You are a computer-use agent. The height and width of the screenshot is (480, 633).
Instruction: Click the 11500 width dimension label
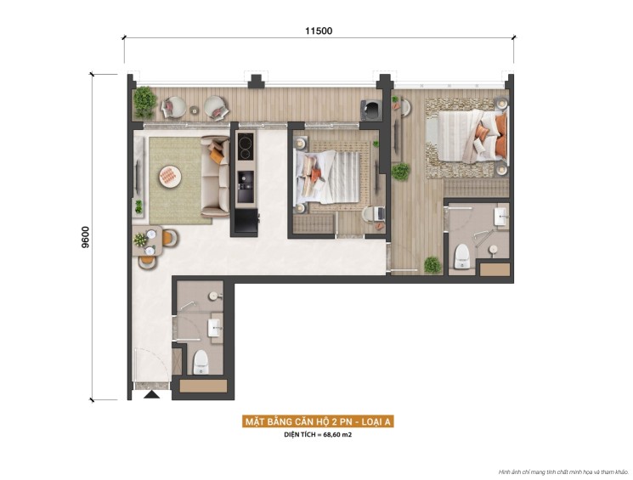click(319, 31)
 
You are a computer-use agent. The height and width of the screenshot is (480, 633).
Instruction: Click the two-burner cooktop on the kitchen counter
click(245, 147)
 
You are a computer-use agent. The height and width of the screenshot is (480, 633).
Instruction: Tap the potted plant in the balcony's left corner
click(144, 102)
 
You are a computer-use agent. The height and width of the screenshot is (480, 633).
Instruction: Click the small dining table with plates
click(150, 240)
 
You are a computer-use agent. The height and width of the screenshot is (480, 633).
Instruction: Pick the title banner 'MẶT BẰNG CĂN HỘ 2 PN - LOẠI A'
click(319, 421)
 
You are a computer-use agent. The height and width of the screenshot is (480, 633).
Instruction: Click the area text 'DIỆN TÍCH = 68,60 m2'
click(319, 435)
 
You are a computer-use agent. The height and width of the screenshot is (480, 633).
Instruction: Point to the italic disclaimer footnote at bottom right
click(563, 472)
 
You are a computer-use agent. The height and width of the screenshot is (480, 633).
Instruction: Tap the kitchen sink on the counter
click(245, 180)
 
